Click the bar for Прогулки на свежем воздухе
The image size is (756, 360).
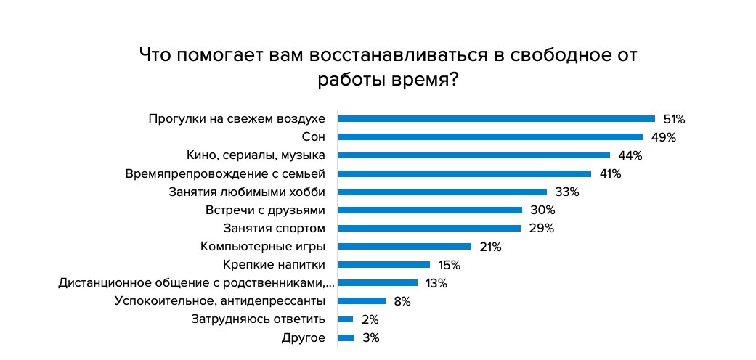[497, 118]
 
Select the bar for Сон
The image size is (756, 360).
[491, 136]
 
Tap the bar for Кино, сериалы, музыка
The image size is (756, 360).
[474, 155]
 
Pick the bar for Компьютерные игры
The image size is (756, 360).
[405, 247]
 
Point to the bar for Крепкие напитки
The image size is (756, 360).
[384, 265]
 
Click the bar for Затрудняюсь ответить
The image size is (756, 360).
[346, 319]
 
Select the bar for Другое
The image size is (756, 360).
[346, 337]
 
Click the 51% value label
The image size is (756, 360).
[674, 119]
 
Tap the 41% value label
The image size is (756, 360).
[610, 173]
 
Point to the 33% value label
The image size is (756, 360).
[566, 192]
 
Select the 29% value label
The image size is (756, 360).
[541, 229]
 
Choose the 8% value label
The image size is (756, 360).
[402, 301]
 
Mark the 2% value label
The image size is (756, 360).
[370, 319]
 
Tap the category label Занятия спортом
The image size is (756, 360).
[274, 229]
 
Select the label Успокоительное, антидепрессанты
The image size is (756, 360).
[219, 301]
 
